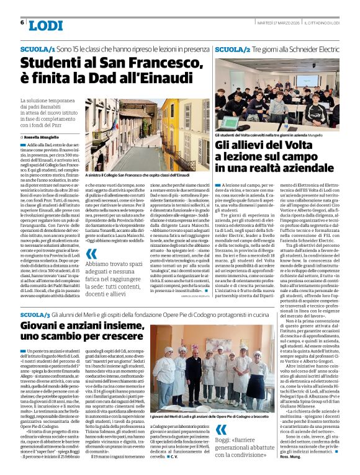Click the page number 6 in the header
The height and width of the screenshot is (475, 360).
pyautogui.click(x=22, y=22)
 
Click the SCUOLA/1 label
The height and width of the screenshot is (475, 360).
pyautogui.click(x=38, y=48)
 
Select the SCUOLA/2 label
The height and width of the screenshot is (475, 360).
pyautogui.click(x=233, y=48)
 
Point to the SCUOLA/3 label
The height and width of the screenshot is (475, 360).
pyautogui.click(x=38, y=316)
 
